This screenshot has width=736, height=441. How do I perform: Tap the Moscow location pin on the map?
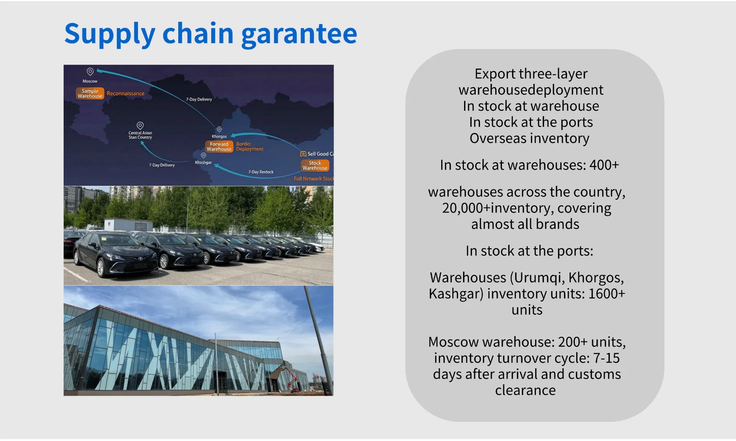coord(90,72)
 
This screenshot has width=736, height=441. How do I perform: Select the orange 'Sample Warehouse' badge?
coord(90,93)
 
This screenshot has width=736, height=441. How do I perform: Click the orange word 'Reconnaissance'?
coord(126,93)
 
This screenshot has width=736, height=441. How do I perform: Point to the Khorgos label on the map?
coord(219,136)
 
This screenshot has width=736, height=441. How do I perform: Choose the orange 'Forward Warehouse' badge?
coord(219,147)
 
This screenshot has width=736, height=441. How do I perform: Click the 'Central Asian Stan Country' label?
coord(140,135)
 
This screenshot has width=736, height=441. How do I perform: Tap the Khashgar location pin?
coord(204,155)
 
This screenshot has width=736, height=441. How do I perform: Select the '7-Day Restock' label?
coord(261,172)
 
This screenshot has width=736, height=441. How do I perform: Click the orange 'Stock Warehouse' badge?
coord(315,166)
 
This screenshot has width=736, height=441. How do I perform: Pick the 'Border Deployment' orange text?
coord(250,147)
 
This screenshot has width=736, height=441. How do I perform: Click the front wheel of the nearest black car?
coord(100,267)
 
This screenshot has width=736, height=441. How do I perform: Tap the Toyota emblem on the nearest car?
coord(140,259)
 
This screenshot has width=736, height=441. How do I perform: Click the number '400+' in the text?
coord(604,165)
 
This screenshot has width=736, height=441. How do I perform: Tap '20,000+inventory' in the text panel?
coord(498,208)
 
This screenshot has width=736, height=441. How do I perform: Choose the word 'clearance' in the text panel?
coord(525,390)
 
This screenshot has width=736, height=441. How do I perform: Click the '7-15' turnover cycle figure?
coord(606,358)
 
